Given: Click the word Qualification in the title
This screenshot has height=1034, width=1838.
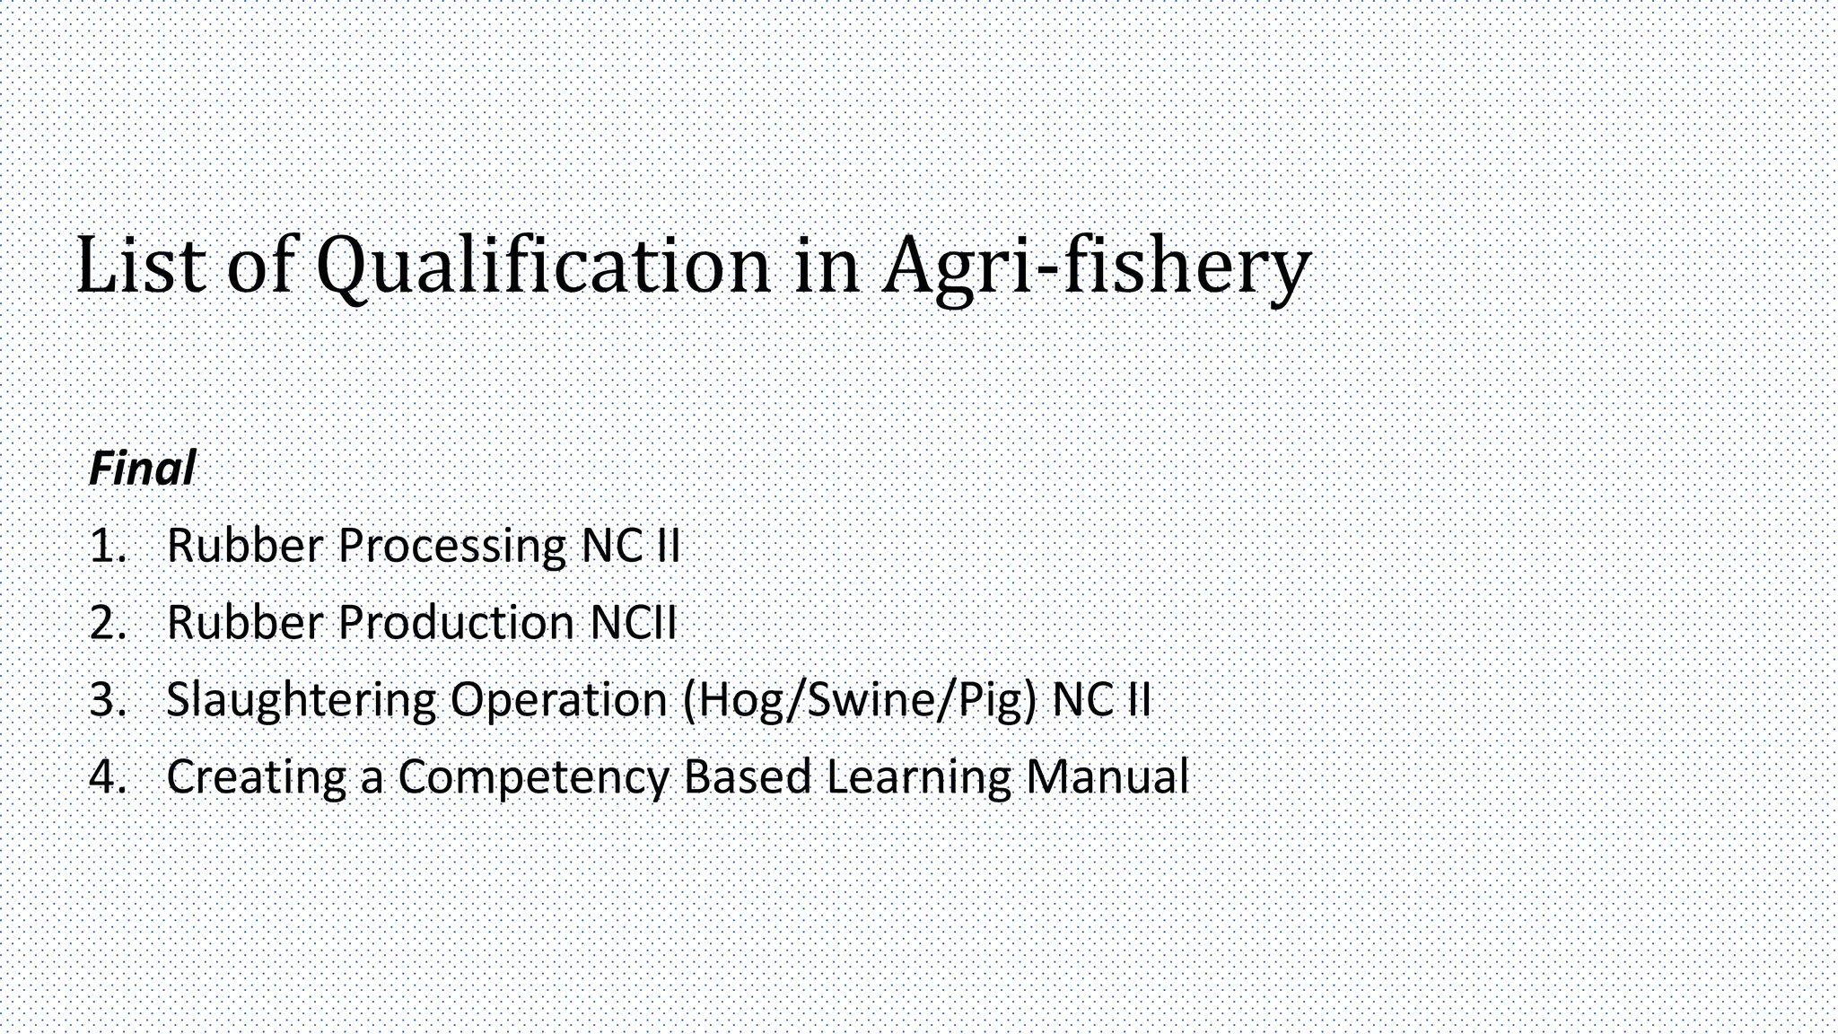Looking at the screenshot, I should pos(543,266).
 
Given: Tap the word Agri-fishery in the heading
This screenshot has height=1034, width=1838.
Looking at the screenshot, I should pos(1096,266).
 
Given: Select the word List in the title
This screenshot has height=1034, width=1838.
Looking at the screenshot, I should pos(140,266).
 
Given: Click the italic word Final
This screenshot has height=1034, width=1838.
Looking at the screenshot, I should pos(142,469).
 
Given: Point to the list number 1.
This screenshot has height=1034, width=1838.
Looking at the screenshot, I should pos(107,546).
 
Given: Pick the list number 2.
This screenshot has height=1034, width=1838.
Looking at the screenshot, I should pos(107,623).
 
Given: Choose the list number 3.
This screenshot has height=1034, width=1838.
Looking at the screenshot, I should pos(107,699).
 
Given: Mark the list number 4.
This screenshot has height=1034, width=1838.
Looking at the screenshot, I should pos(107,776).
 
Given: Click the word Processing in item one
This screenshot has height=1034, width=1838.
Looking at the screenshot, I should pos(451,547).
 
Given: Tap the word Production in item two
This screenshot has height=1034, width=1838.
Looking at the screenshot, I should pos(456,623).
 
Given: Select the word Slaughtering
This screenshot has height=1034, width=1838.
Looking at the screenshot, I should pos(301,700).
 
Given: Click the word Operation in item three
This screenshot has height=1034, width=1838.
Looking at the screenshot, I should pos(558,700).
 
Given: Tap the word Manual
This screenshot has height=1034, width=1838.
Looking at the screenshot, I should pos(1107,776).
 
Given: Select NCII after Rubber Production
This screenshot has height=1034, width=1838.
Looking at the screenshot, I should pos(633,623).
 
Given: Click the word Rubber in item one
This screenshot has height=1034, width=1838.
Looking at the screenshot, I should pos(244,546).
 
